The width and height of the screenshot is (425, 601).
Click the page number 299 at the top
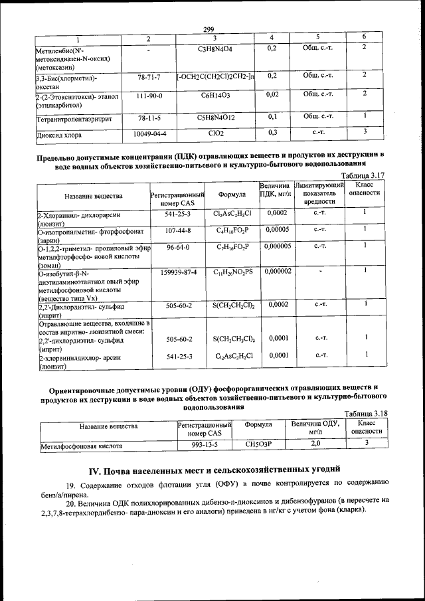point(208,29)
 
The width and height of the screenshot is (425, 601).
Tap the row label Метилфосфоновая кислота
point(82,446)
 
